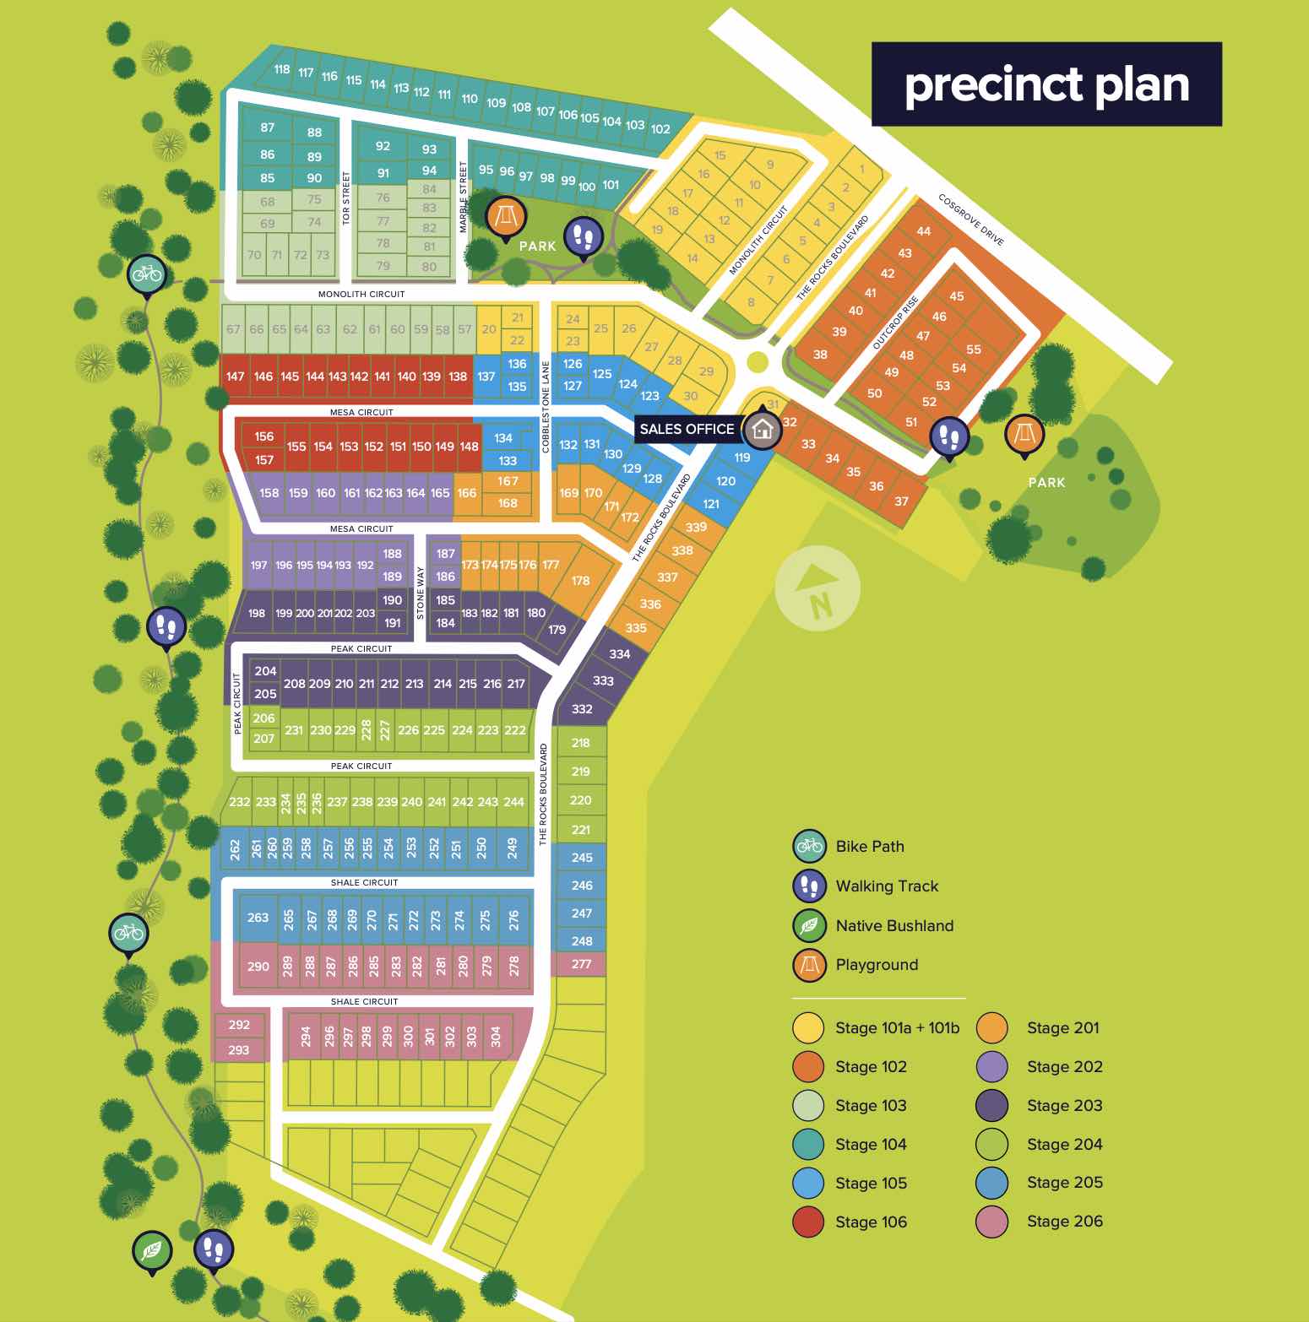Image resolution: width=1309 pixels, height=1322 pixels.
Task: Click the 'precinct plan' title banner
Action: coord(1046,84)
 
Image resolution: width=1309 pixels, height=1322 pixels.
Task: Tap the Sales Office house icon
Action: coord(763,430)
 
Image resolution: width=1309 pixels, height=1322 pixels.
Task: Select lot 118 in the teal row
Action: coord(282,70)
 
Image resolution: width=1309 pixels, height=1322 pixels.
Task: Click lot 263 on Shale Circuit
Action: coord(258,918)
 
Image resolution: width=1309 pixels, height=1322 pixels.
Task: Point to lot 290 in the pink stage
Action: coord(258,967)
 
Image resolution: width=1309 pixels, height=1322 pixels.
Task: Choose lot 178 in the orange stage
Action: coord(580,581)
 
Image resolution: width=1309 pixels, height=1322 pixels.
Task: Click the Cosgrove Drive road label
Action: coord(971,220)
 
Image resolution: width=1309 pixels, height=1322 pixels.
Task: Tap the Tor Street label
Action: coord(345,198)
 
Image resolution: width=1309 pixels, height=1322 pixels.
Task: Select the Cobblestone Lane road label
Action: coord(546,407)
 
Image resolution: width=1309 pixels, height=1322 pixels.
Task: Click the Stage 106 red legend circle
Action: coord(808,1222)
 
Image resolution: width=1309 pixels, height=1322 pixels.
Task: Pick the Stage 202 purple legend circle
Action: coord(992,1067)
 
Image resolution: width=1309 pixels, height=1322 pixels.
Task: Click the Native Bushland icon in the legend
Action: coord(809,926)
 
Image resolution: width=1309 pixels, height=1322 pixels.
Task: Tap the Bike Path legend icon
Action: coord(809,846)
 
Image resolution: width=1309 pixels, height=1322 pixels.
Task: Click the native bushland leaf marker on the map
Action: coord(152,1250)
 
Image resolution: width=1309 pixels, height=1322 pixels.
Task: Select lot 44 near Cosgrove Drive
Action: coord(924,231)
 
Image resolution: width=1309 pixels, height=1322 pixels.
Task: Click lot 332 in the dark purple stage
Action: coord(582,709)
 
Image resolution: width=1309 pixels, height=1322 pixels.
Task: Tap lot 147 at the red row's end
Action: coord(236,377)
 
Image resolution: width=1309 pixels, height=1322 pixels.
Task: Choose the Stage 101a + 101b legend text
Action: coord(897,1028)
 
